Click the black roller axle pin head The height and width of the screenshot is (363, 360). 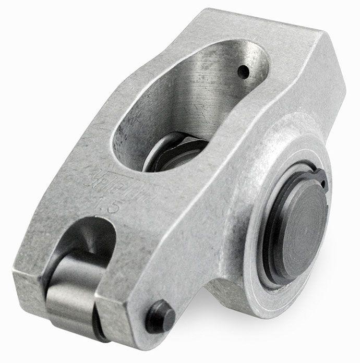(x=160, y=316)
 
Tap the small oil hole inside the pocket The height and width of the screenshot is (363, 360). (x=242, y=71)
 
